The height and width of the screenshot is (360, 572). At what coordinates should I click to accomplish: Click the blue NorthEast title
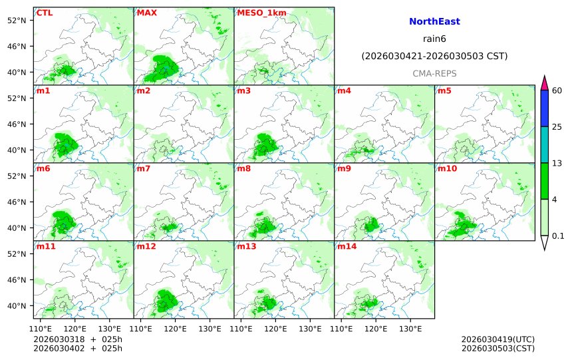(434, 22)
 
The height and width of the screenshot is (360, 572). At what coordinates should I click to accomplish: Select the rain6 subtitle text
(434, 39)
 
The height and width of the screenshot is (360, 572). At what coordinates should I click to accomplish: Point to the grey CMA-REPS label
(434, 73)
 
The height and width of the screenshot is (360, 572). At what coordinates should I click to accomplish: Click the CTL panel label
(44, 13)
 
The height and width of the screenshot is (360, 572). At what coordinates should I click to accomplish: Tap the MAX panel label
(146, 13)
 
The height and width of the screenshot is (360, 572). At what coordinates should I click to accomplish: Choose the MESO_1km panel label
(257, 13)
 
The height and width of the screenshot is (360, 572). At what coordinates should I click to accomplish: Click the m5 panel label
(444, 90)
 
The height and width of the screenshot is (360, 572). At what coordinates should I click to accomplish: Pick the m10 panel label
(447, 168)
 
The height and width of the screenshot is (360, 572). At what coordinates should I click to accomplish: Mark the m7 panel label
(144, 168)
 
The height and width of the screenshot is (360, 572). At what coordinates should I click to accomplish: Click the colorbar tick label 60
(557, 90)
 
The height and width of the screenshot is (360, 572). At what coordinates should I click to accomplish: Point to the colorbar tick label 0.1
(558, 236)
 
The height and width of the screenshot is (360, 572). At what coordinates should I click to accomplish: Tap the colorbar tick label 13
(557, 163)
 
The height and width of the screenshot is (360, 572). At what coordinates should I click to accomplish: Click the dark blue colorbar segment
(544, 108)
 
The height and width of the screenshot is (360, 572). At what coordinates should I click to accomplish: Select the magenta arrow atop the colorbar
(544, 83)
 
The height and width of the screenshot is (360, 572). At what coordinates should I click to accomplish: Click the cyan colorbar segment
(544, 144)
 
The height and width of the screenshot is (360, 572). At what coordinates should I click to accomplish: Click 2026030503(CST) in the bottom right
(498, 348)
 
